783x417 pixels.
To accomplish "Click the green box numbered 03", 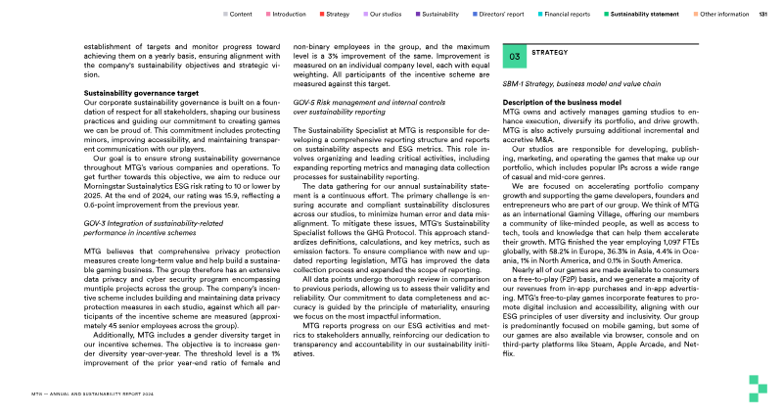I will click(x=515, y=58).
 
